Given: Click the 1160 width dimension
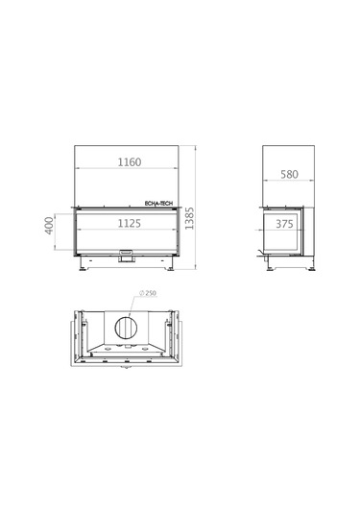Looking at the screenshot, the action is [130, 162].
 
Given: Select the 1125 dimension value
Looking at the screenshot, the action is [130, 223].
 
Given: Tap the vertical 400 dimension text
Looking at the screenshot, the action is [49, 226].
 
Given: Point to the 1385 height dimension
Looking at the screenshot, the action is [189, 218].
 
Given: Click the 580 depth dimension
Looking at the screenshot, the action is [290, 174].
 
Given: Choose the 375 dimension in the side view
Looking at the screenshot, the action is [284, 224].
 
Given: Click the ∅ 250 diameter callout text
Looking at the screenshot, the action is [148, 293].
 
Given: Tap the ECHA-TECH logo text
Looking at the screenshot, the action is [158, 204].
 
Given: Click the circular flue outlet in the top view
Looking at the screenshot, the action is [126, 329].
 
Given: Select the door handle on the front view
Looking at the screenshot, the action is [126, 253].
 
